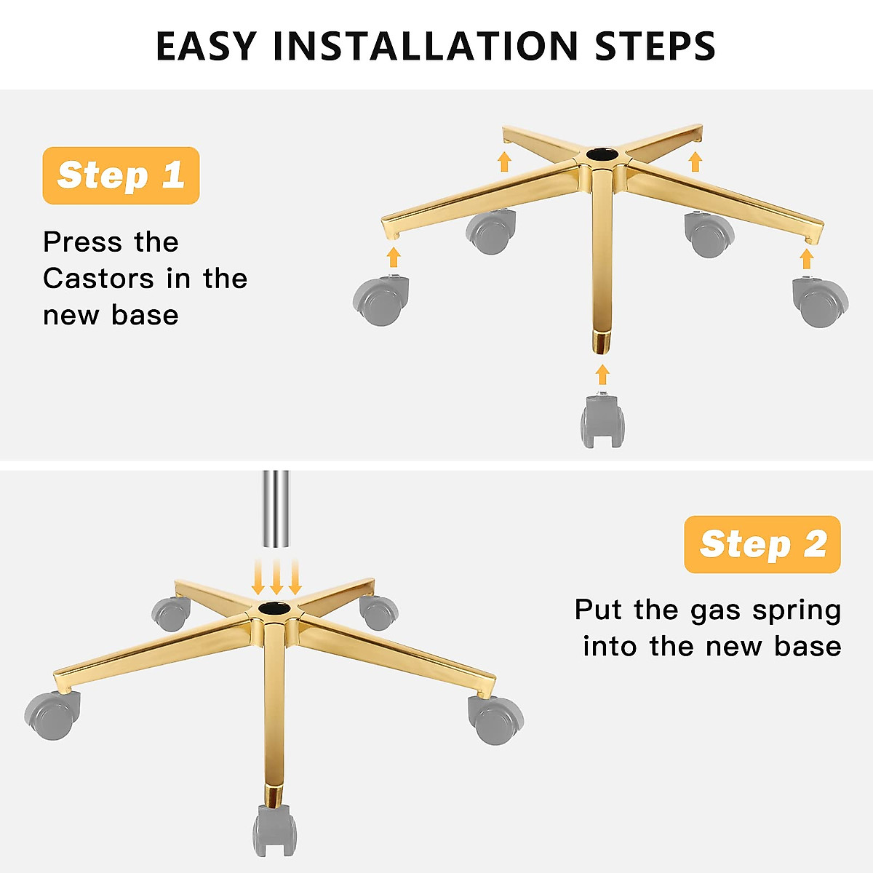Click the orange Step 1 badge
121,175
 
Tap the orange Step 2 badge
762,544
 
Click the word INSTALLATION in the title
426,47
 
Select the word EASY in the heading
206,47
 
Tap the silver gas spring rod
276,509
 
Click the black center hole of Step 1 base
602,154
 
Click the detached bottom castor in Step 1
602,420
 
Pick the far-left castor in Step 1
381,300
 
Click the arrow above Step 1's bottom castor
602,375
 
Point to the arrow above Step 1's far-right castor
807,259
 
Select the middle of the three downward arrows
276,577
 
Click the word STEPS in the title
655,47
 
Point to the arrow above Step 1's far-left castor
394,258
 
